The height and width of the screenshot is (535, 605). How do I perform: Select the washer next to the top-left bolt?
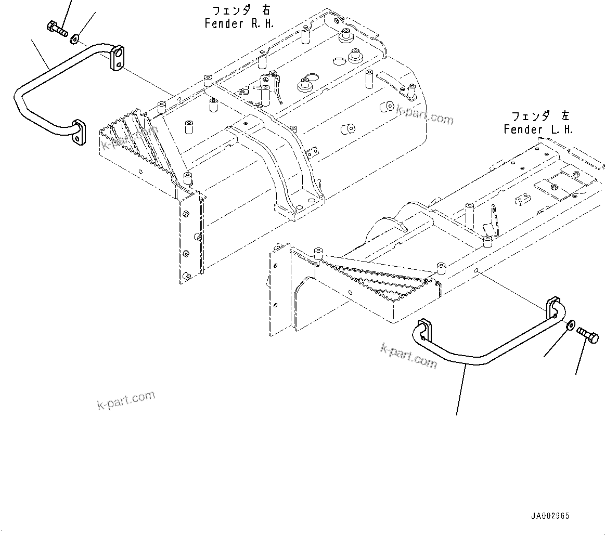[x=74, y=38]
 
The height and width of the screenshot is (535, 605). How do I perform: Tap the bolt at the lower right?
[x=588, y=335]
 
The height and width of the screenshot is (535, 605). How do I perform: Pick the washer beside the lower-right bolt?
[x=571, y=324]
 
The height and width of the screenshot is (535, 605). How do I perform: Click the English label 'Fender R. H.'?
[x=239, y=23]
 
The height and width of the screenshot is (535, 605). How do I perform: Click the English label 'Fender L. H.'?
[x=538, y=129]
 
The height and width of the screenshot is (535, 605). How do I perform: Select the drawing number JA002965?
[x=550, y=516]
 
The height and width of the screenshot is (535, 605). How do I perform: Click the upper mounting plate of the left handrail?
[x=118, y=58]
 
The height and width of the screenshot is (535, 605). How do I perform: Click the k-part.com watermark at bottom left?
[x=126, y=399]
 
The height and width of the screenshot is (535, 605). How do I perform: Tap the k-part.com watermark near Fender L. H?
[x=424, y=115]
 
